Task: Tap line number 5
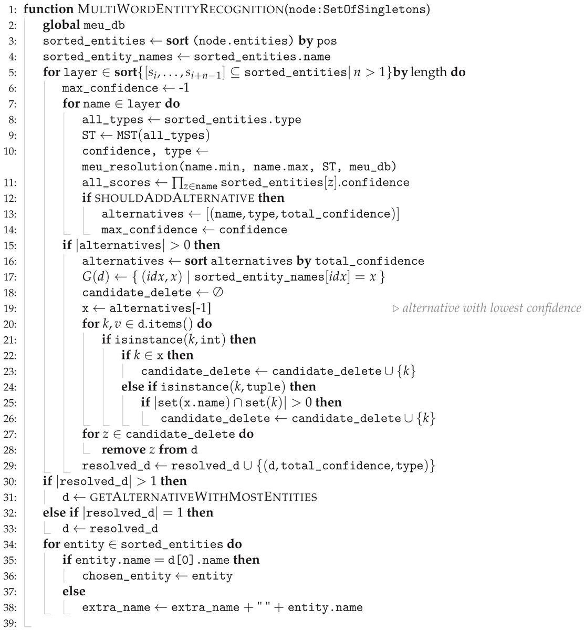[x=13, y=72]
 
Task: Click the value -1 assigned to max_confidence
[x=183, y=88]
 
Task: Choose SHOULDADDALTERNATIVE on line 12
[x=174, y=198]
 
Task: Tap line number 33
[x=13, y=529]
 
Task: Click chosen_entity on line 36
[x=126, y=576]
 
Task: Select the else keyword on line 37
[x=74, y=592]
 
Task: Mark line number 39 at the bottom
[x=13, y=623]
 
